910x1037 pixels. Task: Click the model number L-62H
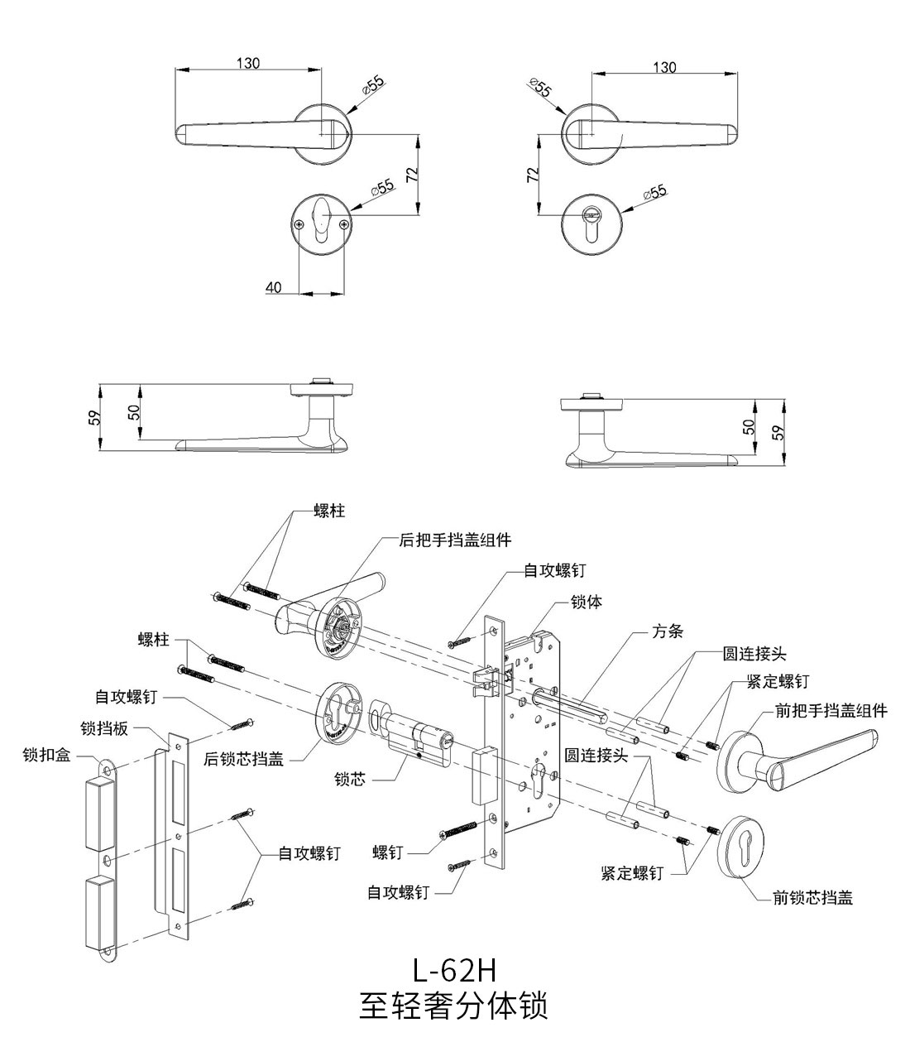click(453, 968)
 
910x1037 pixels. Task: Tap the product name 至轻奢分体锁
click(453, 1005)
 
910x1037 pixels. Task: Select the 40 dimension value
click(274, 287)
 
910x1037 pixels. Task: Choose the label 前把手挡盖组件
click(831, 710)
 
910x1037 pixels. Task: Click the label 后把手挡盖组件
click(455, 540)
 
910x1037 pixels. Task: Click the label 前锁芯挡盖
click(812, 897)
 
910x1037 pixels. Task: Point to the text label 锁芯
click(350, 779)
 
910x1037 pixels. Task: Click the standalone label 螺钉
click(387, 852)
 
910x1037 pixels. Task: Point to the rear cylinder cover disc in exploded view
click(338, 713)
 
